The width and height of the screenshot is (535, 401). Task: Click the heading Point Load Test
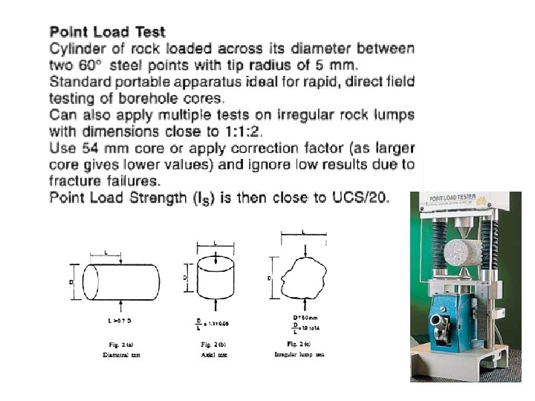(107, 32)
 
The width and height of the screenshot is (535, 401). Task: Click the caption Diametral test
(121, 356)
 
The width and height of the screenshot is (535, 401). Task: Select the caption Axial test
(214, 356)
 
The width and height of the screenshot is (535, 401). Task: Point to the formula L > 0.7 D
(120, 321)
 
